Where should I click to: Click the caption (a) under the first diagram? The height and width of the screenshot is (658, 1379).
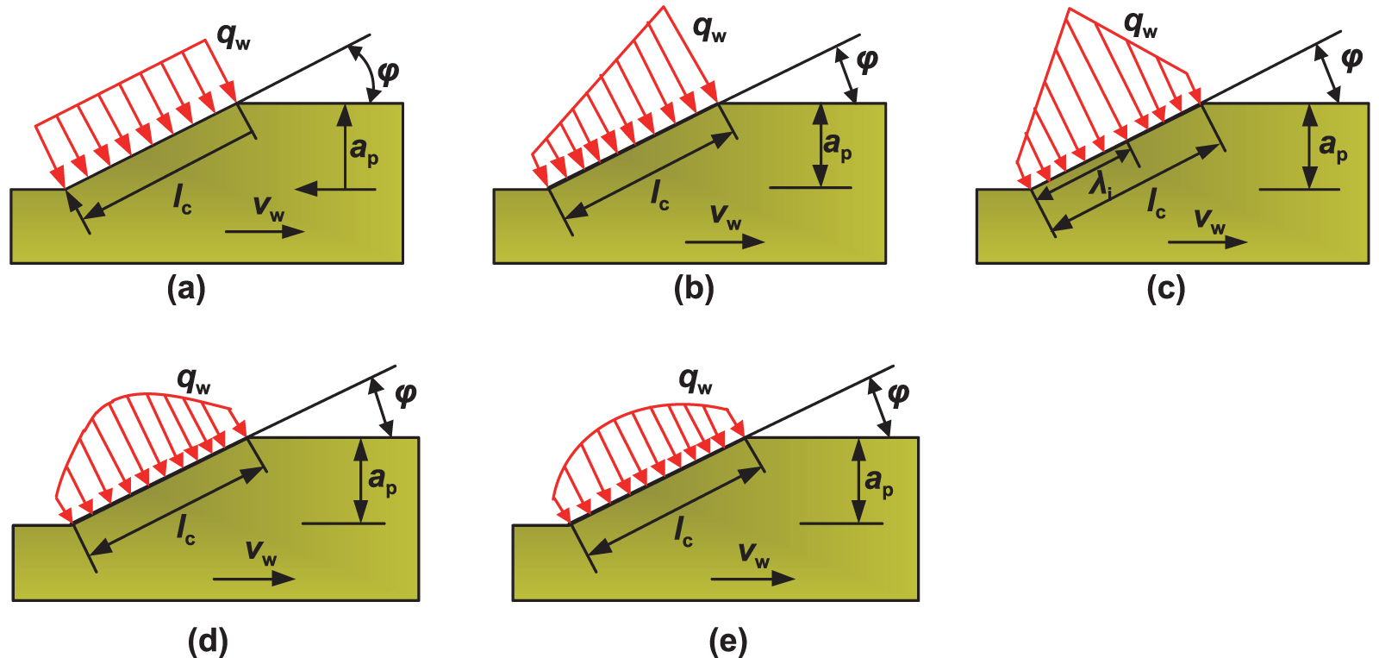[x=186, y=289]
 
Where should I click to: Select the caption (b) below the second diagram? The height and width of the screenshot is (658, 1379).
[x=694, y=289]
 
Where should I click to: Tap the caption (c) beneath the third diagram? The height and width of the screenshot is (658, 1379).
[x=1166, y=289]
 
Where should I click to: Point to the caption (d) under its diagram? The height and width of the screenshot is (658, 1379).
[x=208, y=641]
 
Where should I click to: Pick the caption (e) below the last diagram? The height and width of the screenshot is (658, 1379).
[x=728, y=641]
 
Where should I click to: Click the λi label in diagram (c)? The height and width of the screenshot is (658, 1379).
[x=1100, y=184]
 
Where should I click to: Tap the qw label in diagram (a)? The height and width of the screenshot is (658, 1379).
[x=233, y=36]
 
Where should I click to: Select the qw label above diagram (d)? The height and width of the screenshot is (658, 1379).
[x=193, y=380]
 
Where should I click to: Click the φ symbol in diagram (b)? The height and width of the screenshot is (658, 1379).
[x=866, y=60]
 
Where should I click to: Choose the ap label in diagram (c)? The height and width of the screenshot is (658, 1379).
[x=1332, y=146]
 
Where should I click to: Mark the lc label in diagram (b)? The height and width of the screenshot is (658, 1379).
[x=659, y=195]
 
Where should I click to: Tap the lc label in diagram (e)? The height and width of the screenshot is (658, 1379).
[x=683, y=530]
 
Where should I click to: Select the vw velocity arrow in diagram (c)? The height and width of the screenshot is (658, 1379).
[x=1207, y=242]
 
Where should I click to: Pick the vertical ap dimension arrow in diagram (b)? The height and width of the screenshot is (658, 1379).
[x=820, y=145]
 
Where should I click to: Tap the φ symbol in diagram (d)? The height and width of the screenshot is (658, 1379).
[x=404, y=394]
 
